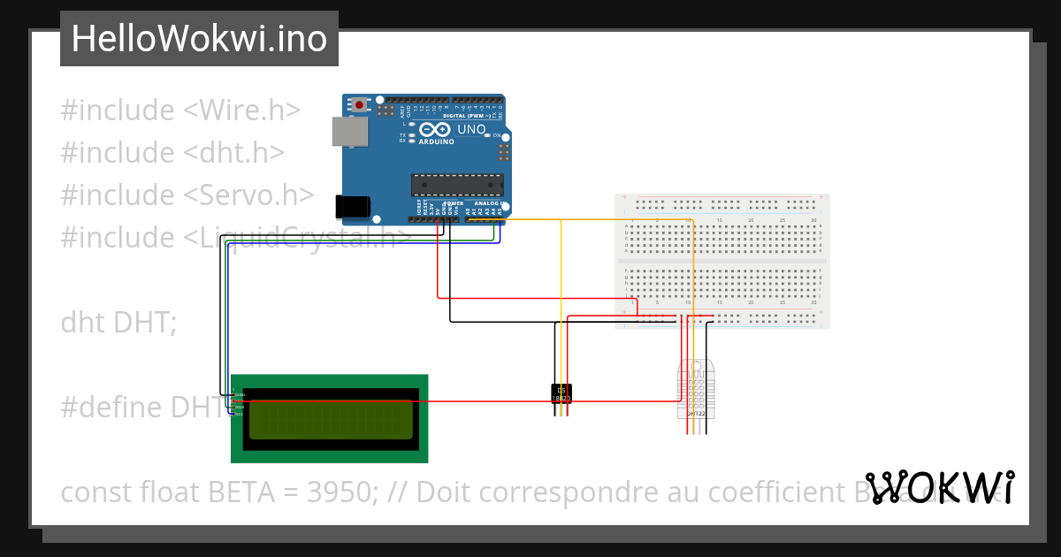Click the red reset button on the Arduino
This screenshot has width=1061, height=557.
click(360, 105)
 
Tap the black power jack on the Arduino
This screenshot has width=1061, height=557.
click(353, 206)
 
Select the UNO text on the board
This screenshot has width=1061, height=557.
click(471, 129)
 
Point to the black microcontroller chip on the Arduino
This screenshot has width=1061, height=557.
click(456, 185)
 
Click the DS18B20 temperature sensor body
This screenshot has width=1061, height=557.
click(561, 394)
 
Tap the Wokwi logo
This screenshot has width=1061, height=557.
click(940, 488)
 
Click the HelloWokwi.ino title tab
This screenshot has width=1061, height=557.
click(199, 39)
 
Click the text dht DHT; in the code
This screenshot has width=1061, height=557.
click(118, 323)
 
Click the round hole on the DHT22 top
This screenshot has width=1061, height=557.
click(697, 364)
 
